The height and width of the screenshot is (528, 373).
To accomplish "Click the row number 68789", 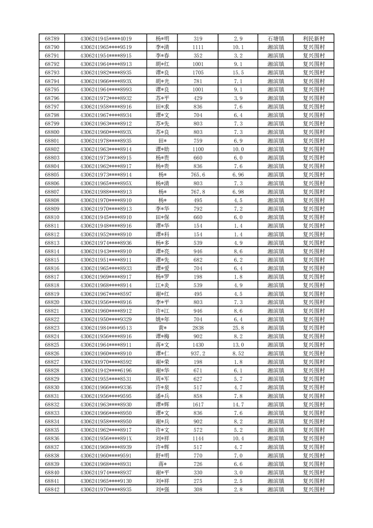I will coord(52,39).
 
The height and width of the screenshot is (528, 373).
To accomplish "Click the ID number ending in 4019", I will coord(106,39).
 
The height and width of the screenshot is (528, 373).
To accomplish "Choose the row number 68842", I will coord(52,490).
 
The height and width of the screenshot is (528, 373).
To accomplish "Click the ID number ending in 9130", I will coord(106,481).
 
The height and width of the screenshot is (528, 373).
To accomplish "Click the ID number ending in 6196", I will coord(106,370).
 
